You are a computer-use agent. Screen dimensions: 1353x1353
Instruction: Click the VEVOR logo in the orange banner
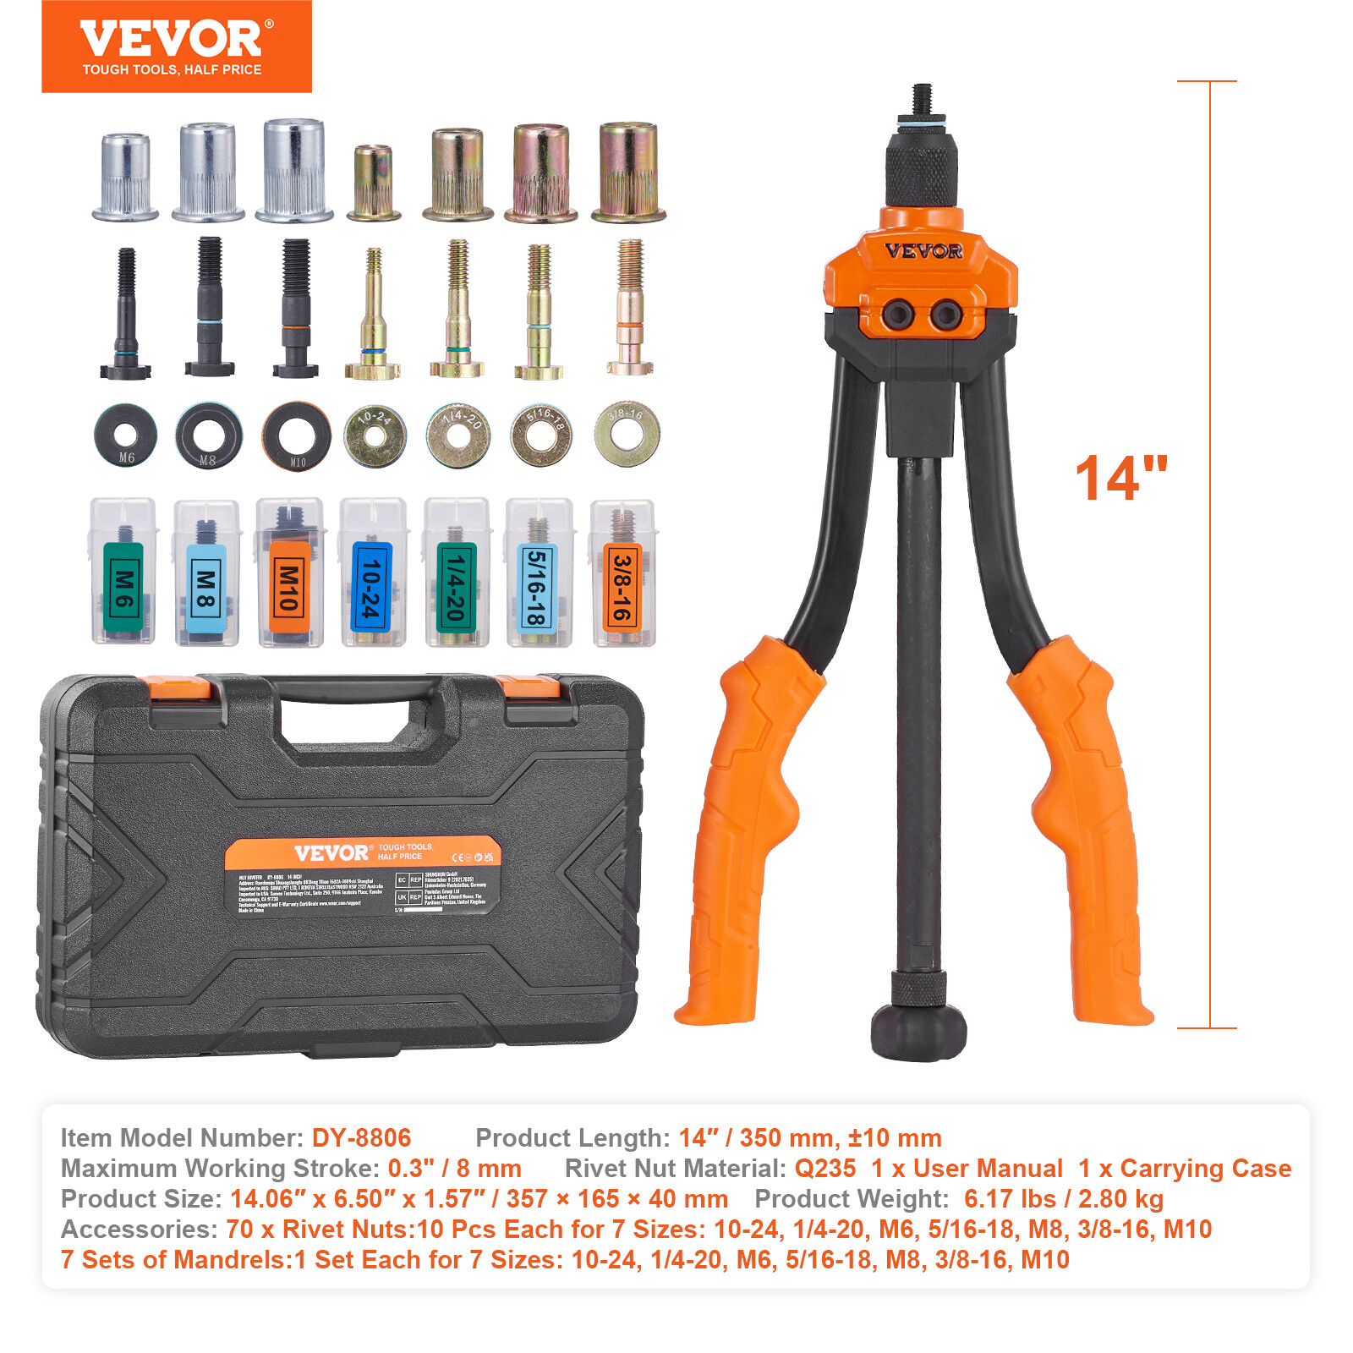(172, 40)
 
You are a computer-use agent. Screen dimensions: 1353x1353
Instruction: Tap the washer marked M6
(125, 435)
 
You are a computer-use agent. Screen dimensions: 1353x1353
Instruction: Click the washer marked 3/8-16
(627, 435)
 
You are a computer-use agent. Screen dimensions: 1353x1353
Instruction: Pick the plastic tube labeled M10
(289, 572)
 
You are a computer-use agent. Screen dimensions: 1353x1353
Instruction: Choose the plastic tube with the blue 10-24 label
(372, 572)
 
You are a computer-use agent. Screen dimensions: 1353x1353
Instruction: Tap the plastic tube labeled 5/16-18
(538, 572)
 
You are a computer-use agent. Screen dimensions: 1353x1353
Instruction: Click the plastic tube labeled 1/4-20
(456, 572)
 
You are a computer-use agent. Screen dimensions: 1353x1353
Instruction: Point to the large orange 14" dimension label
(1121, 479)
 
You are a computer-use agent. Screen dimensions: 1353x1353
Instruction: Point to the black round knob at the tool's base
(919, 1030)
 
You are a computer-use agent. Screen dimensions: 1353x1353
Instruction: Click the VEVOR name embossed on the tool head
(923, 251)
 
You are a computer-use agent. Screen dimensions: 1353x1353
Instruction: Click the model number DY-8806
(361, 1137)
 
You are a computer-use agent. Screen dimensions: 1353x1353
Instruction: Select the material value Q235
(824, 1168)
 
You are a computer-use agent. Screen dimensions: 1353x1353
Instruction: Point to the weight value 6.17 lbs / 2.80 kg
(1063, 1198)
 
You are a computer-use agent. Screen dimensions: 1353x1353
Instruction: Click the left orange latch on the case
(175, 687)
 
